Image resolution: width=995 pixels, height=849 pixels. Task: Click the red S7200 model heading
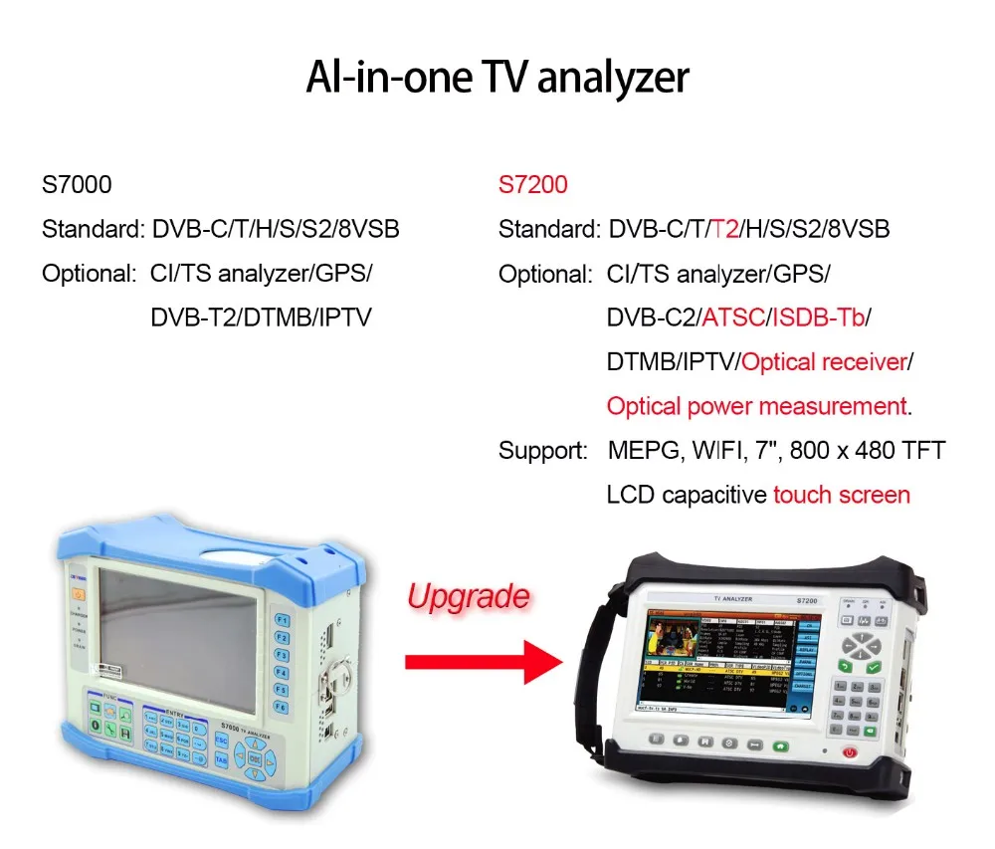(x=533, y=184)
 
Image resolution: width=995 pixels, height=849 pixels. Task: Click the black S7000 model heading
(x=77, y=184)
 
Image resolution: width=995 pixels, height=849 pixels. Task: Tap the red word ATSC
(x=732, y=318)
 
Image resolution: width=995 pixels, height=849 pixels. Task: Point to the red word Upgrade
(x=468, y=596)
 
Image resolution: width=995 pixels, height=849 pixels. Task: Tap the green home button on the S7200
(x=781, y=744)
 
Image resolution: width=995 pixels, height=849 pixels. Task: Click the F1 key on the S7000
(x=282, y=619)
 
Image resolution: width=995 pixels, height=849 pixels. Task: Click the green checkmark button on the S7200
(x=873, y=667)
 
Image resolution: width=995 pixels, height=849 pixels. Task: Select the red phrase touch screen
(x=842, y=495)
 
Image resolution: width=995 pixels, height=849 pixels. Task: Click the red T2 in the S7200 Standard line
(x=723, y=229)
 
